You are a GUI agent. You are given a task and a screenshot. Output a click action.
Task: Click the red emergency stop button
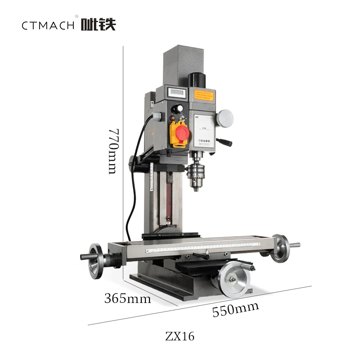[182, 133]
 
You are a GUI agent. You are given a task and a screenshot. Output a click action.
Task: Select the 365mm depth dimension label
[127, 298]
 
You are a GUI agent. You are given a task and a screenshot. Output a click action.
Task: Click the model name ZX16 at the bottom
[180, 337]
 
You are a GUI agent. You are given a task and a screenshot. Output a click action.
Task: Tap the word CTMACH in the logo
[48, 25]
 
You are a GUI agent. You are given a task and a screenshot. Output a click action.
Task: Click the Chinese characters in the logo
[98, 24]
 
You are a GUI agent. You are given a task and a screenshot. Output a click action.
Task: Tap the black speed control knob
[180, 108]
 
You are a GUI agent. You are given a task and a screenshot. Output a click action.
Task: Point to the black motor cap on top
[197, 80]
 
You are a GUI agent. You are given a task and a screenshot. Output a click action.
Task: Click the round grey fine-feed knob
[225, 118]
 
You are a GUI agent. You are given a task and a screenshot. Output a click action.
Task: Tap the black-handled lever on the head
[224, 142]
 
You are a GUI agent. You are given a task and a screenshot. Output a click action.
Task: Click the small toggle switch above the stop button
[183, 119]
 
